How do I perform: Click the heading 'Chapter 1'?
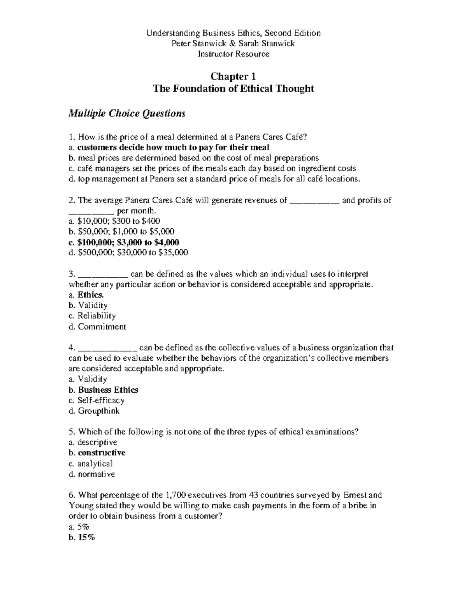pyautogui.click(x=233, y=76)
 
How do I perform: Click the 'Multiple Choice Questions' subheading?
pyautogui.click(x=127, y=113)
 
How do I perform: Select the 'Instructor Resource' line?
pyautogui.click(x=233, y=54)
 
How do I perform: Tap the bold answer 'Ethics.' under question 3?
pyautogui.click(x=91, y=295)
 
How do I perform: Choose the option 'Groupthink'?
pyautogui.click(x=98, y=411)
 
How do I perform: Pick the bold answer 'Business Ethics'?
pyautogui.click(x=108, y=390)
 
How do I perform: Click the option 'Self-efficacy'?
pyautogui.click(x=101, y=400)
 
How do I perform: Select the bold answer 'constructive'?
pyautogui.click(x=101, y=453)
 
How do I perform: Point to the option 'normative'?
pyautogui.click(x=96, y=474)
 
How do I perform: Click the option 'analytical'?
pyautogui.click(x=95, y=464)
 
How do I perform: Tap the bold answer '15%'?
pyautogui.click(x=86, y=538)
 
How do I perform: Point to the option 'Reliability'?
pyautogui.click(x=97, y=316)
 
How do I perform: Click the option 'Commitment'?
pyautogui.click(x=102, y=326)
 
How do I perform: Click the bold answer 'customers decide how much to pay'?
pyautogui.click(x=173, y=147)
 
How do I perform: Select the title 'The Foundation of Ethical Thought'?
pyautogui.click(x=233, y=89)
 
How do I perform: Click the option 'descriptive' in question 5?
pyautogui.click(x=97, y=442)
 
